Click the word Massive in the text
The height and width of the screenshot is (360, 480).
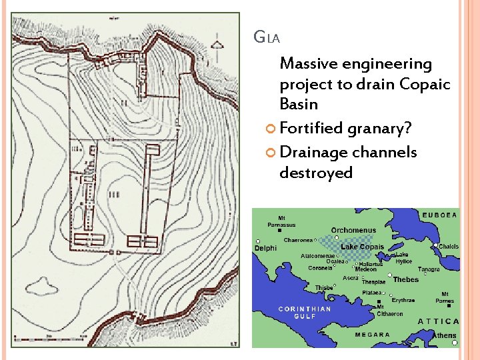pyautogui.click(x=309, y=64)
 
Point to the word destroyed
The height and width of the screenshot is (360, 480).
pyautogui.click(x=316, y=173)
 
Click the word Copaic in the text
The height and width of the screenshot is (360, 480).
pyautogui.click(x=425, y=85)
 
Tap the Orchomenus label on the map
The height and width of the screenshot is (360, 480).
pyautogui.click(x=353, y=231)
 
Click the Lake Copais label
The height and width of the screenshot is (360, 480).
pyautogui.click(x=362, y=247)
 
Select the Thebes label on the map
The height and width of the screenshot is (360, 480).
pyautogui.click(x=405, y=280)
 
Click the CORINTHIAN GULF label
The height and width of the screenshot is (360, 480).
pyautogui.click(x=304, y=313)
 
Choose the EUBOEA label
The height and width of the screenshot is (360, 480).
pyautogui.click(x=439, y=215)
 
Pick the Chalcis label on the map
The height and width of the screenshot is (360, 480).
pyautogui.click(x=449, y=247)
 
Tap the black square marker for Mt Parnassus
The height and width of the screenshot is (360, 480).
pyautogui.click(x=280, y=231)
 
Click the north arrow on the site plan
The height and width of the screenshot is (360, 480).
pyautogui.click(x=217, y=45)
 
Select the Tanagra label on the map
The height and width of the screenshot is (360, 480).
pyautogui.click(x=429, y=270)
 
